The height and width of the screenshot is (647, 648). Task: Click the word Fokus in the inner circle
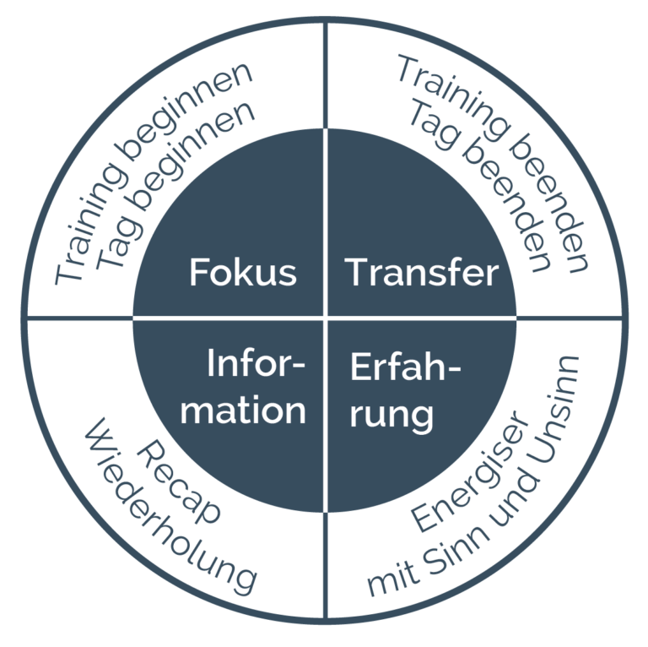click(x=243, y=272)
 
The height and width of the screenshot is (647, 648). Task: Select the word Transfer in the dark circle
click(x=422, y=272)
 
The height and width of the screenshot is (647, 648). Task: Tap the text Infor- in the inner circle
click(x=256, y=363)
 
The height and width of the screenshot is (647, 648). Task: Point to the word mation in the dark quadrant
click(x=243, y=410)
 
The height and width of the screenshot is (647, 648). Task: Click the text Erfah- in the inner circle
click(x=405, y=367)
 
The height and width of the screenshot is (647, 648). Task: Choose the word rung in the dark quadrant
click(x=391, y=414)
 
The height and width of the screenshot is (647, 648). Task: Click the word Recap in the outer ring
click(x=179, y=483)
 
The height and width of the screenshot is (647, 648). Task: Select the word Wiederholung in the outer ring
click(x=170, y=507)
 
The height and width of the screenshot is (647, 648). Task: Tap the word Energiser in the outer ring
click(x=470, y=471)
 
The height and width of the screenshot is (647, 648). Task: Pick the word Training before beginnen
click(x=89, y=223)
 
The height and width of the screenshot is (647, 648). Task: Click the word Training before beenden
click(x=451, y=96)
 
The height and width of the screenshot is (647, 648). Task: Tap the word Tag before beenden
click(x=435, y=123)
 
